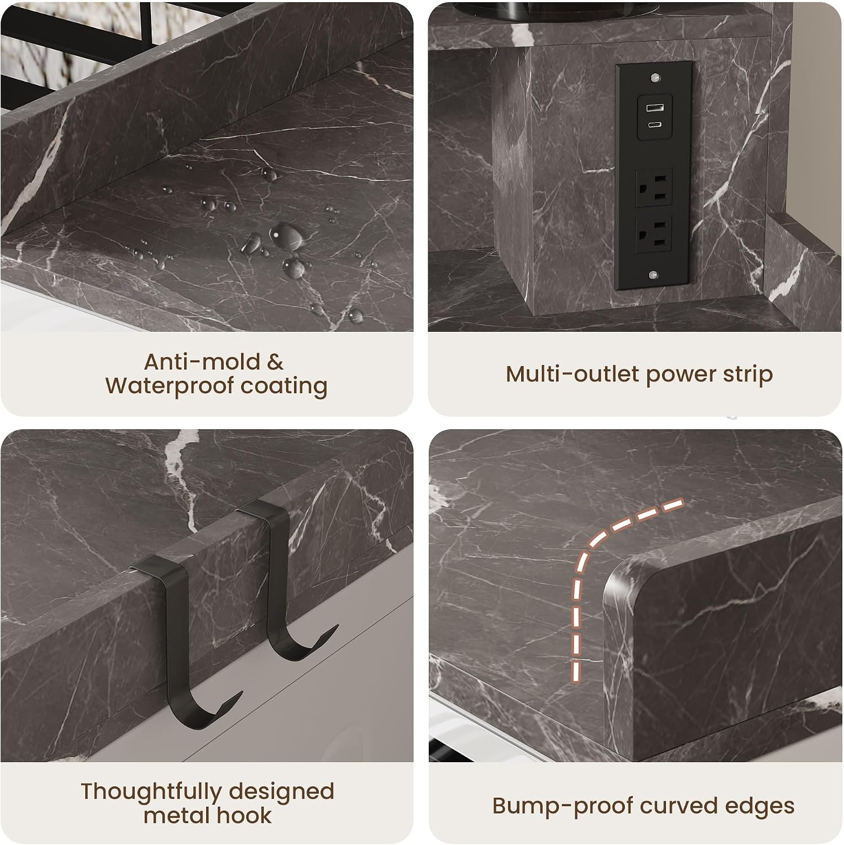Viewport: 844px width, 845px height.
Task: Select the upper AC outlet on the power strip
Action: coord(654,188)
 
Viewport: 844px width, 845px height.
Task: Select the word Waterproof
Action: coord(170,386)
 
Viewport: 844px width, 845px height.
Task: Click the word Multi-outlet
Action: coord(572,374)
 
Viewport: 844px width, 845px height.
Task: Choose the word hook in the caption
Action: coord(246,816)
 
